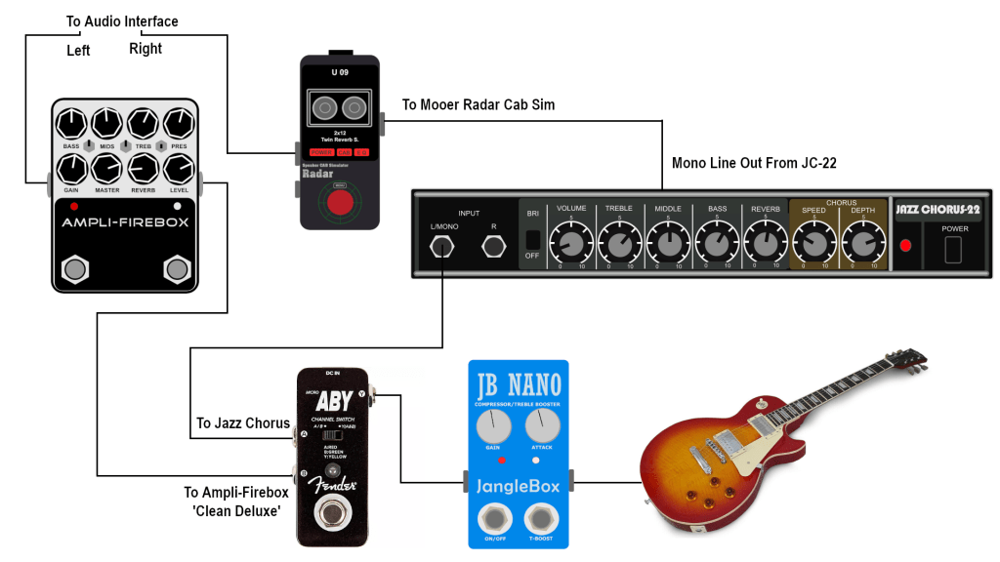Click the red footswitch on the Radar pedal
[340, 203]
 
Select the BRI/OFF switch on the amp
[532, 239]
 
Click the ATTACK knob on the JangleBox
[541, 424]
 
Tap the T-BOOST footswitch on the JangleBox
[541, 518]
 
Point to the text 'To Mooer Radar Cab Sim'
[478, 104]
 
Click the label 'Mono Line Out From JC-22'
[754, 163]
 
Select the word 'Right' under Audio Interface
[146, 49]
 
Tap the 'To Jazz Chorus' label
[243, 423]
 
